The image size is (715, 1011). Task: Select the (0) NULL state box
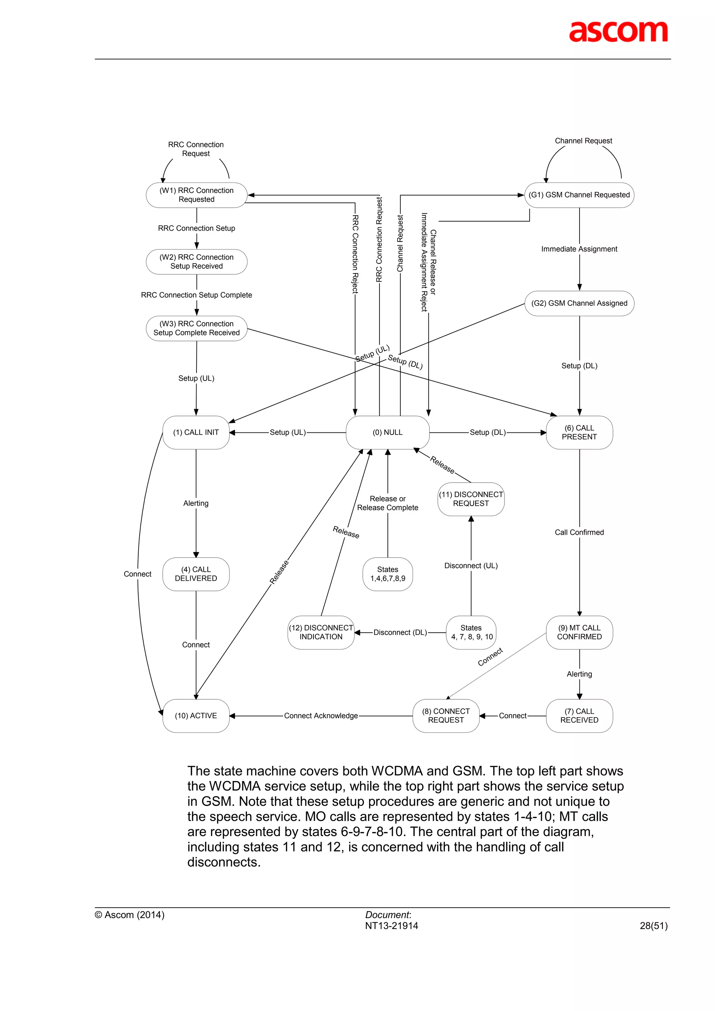[388, 432]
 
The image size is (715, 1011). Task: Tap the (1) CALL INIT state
[196, 432]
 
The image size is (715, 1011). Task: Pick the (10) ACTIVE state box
[196, 715]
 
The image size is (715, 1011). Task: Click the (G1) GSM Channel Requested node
[579, 195]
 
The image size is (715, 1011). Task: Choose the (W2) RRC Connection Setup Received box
[197, 261]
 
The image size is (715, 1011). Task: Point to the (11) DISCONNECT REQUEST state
[471, 499]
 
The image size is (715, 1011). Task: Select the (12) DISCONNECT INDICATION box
[321, 632]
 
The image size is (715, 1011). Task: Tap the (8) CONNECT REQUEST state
[446, 715]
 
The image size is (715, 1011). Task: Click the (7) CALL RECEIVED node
[579, 715]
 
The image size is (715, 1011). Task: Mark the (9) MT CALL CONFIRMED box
[579, 632]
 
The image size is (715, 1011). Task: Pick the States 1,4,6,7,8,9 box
[388, 574]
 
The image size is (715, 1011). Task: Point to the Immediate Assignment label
[579, 249]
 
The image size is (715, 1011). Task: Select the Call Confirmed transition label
[579, 532]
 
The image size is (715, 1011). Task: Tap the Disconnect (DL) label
[400, 633]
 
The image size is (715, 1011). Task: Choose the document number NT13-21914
[392, 925]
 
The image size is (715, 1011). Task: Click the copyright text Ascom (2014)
[130, 915]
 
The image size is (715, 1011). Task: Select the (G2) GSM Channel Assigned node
[579, 303]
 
